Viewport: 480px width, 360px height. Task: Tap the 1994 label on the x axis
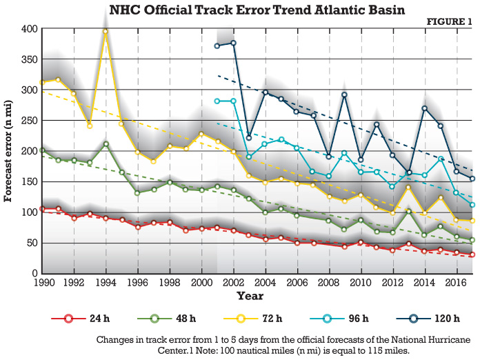tap(106, 283)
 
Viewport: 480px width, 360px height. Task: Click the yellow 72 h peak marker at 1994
tap(106, 32)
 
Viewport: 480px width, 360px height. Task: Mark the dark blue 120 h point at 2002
tap(232, 43)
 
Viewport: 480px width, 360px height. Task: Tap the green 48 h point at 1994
tap(106, 144)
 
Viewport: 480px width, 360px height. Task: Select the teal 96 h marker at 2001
tap(217, 101)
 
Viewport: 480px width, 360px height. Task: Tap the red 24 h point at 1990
tap(42, 208)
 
